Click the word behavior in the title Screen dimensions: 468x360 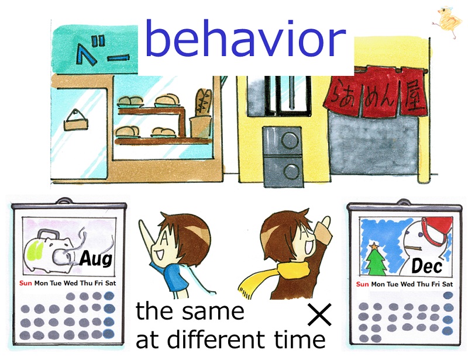click(x=245, y=38)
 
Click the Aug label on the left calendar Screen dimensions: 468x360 click(x=96, y=258)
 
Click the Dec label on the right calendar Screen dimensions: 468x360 click(x=427, y=265)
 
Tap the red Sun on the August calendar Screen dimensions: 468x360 click(x=25, y=283)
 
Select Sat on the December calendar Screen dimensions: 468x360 click(x=447, y=284)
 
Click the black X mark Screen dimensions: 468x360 click(x=319, y=314)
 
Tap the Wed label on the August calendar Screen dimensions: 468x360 click(x=70, y=283)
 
